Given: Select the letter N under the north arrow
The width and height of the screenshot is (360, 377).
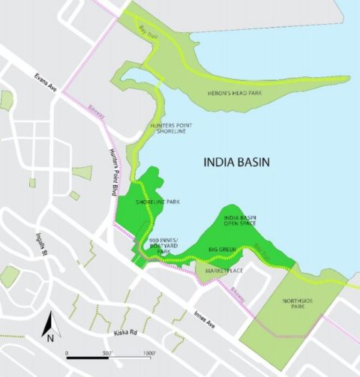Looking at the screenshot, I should [48, 338].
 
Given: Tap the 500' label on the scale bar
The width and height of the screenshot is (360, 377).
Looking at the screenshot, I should [106, 352].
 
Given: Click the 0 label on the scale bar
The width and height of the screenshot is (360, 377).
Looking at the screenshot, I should [67, 352].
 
